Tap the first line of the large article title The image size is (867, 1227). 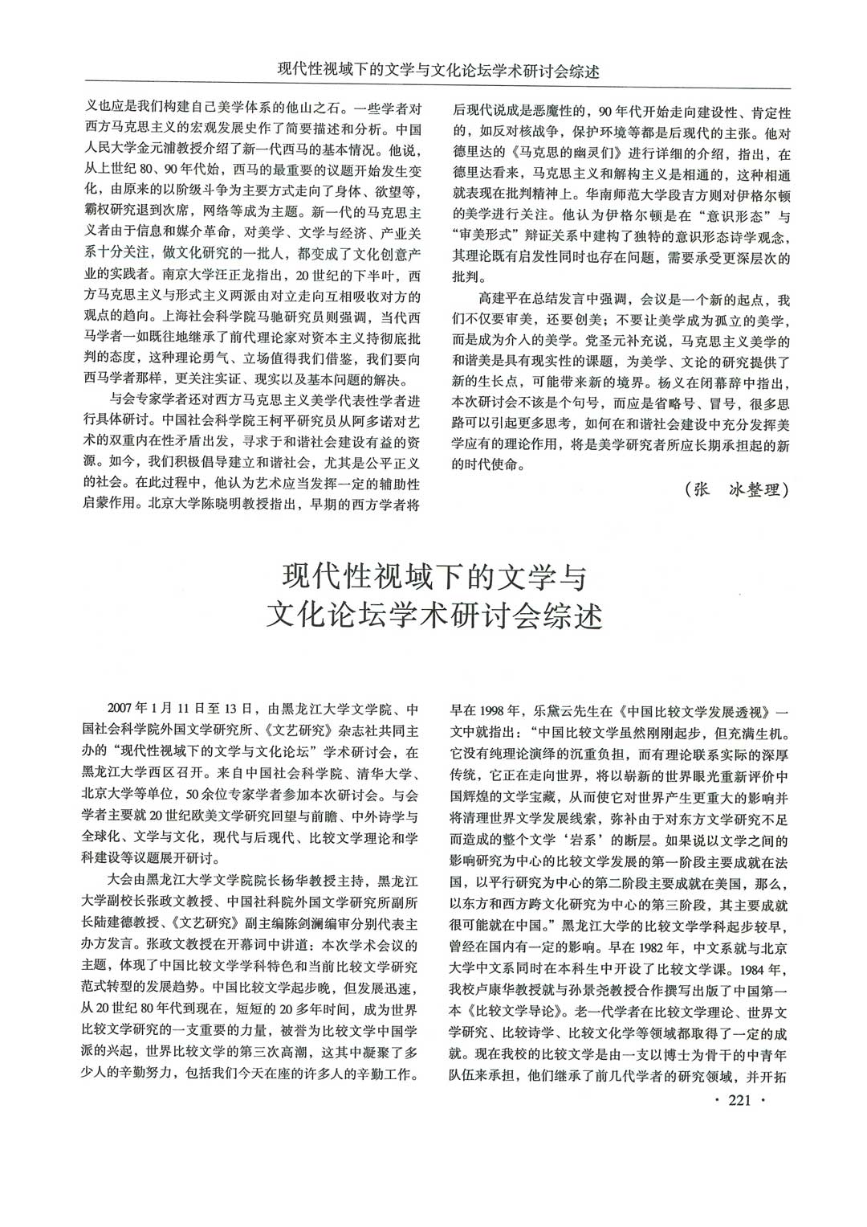point(434,577)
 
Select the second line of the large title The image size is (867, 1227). point(434,616)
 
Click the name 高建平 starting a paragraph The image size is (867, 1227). point(496,300)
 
